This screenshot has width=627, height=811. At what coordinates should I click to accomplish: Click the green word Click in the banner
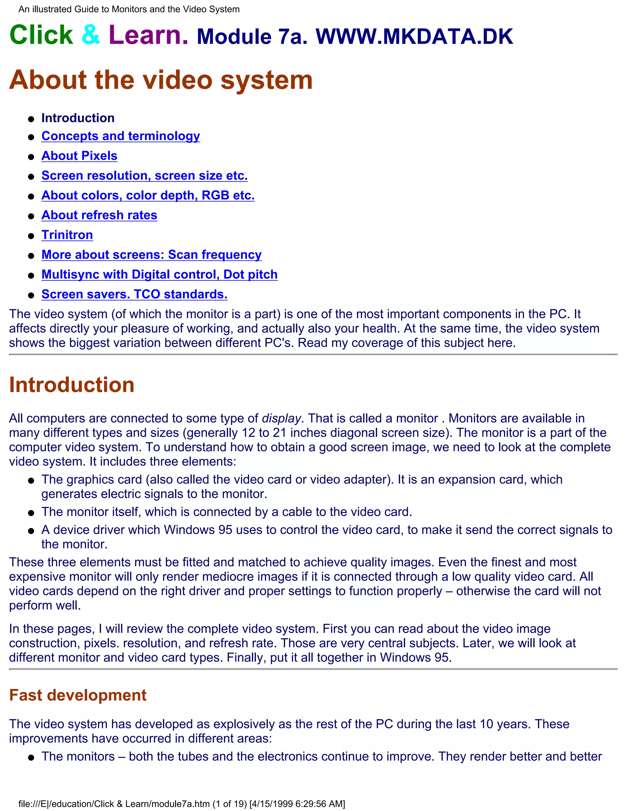(41, 35)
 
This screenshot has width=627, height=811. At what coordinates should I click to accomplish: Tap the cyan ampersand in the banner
(91, 35)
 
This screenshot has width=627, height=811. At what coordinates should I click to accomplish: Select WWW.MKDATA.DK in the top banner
(414, 37)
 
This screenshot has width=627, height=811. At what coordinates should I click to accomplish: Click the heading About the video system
(160, 80)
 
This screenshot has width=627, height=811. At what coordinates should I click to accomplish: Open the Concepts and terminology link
(120, 136)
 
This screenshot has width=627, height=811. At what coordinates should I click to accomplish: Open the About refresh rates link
(99, 215)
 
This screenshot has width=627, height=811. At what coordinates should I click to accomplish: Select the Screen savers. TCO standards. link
(134, 294)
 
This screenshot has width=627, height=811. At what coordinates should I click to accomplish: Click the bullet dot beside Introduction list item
(31, 119)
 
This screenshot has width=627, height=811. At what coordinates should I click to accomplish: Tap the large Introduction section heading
(71, 385)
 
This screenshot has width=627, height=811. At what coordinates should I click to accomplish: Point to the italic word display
(281, 418)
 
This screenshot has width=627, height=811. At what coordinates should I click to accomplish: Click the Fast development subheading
(78, 695)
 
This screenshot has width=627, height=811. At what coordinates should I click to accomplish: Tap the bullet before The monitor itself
(31, 513)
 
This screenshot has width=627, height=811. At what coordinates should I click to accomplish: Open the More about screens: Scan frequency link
(151, 255)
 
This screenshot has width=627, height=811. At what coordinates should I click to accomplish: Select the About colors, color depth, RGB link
(148, 195)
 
